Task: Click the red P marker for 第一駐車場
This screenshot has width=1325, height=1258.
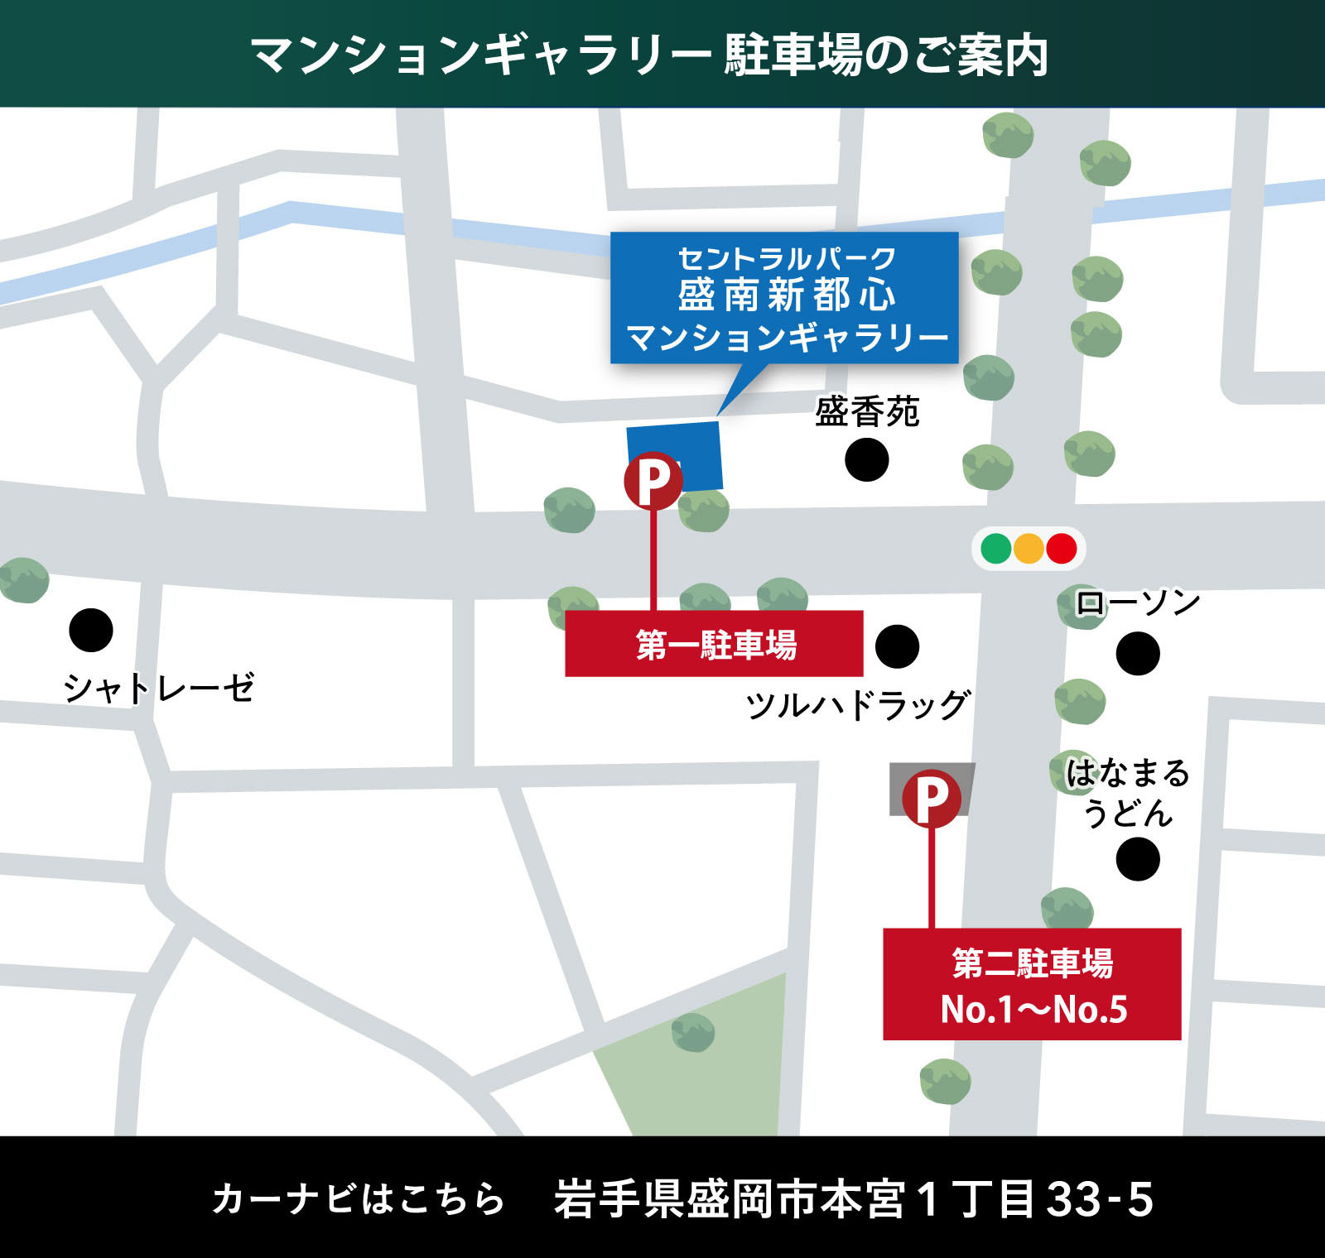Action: coord(653,480)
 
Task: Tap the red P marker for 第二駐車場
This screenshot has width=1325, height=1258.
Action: coord(932,799)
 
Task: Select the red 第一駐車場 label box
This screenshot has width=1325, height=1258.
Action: coord(714,644)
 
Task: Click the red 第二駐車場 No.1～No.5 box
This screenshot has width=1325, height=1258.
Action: coord(1032,984)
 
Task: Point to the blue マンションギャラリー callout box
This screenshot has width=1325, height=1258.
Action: coord(784,298)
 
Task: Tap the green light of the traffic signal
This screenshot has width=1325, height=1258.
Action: coord(995,548)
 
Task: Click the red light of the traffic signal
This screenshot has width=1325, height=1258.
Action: coord(1061,548)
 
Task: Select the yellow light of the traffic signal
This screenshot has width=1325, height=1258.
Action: coord(1029,548)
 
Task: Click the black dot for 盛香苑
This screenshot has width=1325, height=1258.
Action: coord(866,460)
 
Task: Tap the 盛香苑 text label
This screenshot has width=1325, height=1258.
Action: coord(867,411)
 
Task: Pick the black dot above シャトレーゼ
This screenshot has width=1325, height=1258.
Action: coord(91,631)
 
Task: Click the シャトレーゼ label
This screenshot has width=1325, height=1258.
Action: coord(159,688)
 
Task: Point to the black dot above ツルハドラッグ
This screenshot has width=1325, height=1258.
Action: coord(897,646)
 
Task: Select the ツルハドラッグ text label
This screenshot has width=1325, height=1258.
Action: coord(858,705)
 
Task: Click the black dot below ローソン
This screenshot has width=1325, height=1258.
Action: coord(1138,654)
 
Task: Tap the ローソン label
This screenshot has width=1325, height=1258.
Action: coord(1138,603)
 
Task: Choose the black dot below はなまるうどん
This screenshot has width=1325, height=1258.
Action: coord(1138,859)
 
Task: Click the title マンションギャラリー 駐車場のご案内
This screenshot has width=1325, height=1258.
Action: coord(650,55)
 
